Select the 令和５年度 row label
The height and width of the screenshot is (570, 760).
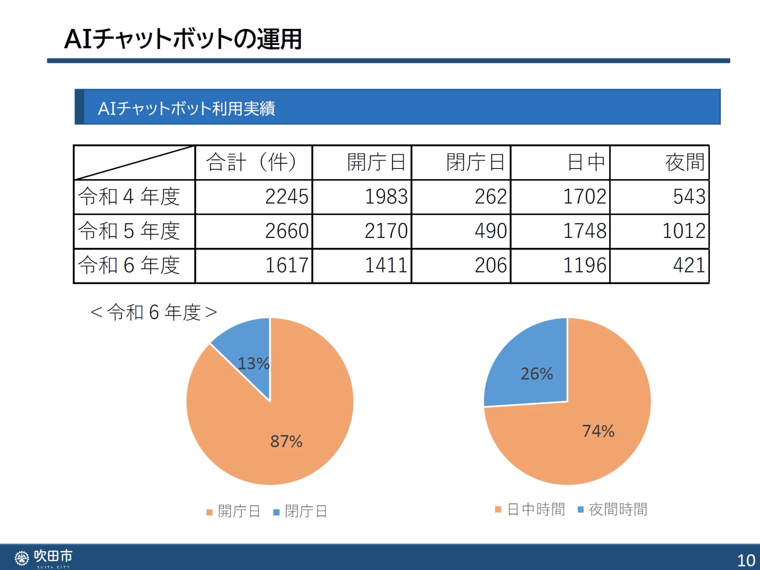click(129, 231)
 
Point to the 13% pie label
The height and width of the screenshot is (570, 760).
click(253, 364)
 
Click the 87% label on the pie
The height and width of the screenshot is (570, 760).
click(286, 441)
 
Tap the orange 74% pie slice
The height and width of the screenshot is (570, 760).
click(586, 443)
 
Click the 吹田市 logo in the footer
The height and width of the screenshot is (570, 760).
click(44, 557)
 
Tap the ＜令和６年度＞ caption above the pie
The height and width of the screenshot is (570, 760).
click(154, 312)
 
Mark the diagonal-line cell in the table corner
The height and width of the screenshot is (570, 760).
click(134, 163)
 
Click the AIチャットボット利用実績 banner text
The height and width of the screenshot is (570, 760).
click(186, 108)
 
